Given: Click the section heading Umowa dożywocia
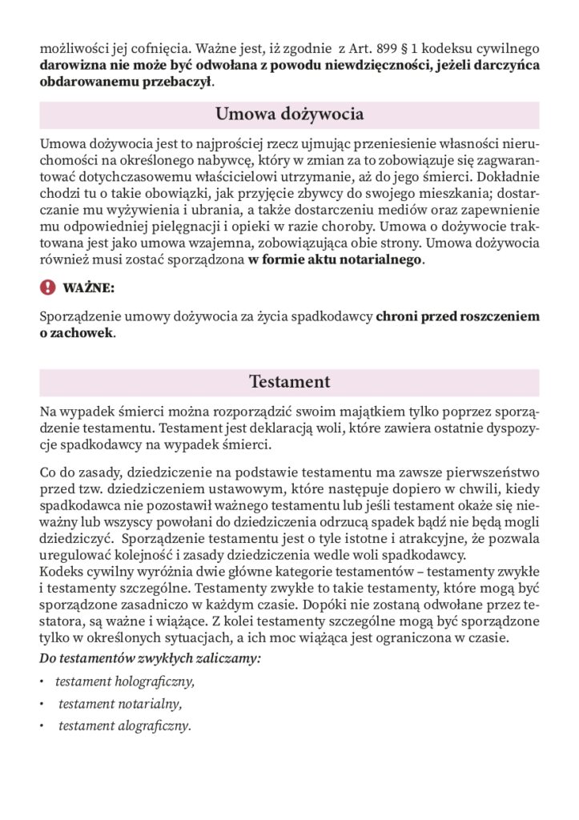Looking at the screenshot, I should (289, 115).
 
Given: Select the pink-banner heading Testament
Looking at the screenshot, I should (289, 382).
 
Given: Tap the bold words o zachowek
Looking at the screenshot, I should (77, 333).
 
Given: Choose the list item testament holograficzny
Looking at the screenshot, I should (125, 682).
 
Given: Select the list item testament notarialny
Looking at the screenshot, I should (120, 705).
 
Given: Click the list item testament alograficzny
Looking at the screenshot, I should (124, 727).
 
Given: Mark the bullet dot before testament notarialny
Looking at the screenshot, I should (42, 705).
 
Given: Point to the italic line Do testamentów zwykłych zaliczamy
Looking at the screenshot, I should (151, 658).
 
